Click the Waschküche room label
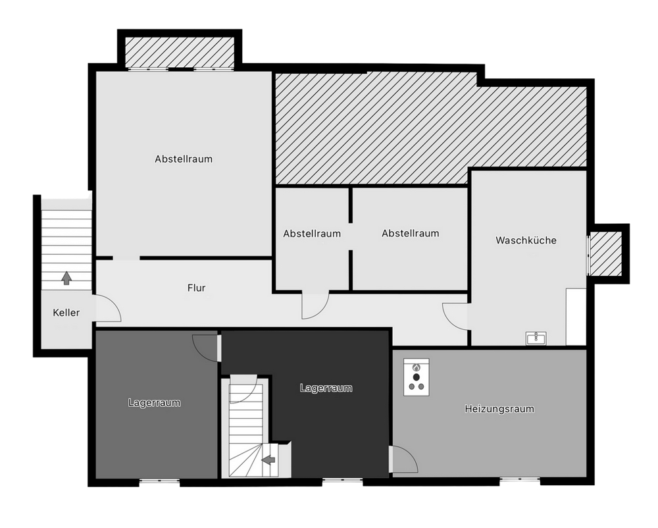(x=526, y=240)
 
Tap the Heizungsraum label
(x=499, y=409)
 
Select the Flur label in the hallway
(x=196, y=288)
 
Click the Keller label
(x=66, y=313)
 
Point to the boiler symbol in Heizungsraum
(x=417, y=377)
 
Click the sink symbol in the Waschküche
(x=536, y=338)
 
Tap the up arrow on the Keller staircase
(x=66, y=278)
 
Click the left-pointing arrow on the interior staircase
(x=268, y=460)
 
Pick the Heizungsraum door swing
(x=404, y=460)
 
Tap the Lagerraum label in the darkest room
(x=326, y=388)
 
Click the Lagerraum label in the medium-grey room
(x=155, y=403)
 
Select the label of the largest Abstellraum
(x=184, y=159)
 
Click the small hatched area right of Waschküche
(x=606, y=253)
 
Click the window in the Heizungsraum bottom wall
(x=520, y=479)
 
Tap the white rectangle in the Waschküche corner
(x=576, y=317)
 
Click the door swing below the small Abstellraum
(x=315, y=305)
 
